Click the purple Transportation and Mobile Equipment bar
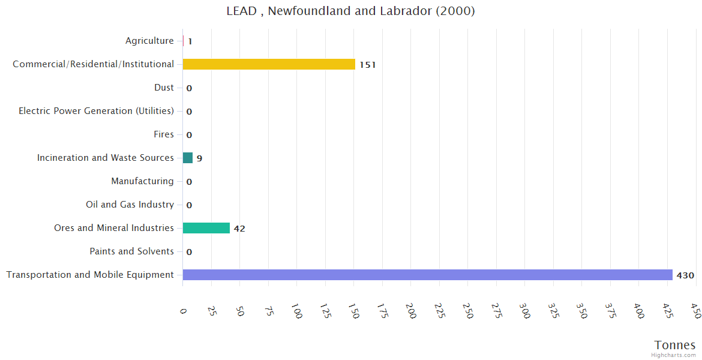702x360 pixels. click(427, 275)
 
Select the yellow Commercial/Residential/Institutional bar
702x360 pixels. click(269, 64)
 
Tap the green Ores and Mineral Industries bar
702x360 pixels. click(206, 228)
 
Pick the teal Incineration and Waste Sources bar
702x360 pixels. click(188, 158)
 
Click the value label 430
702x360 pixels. click(685, 275)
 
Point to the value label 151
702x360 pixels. click(367, 65)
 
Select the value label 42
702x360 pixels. click(239, 229)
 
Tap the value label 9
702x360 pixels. click(199, 158)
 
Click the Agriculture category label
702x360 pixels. click(149, 41)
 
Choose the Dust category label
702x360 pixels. click(164, 88)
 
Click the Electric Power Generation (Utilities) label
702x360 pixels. click(96, 111)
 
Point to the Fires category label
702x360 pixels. click(163, 134)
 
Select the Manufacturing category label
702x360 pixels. click(142, 181)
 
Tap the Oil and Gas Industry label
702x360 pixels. click(130, 205)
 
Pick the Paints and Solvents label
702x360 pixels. click(131, 251)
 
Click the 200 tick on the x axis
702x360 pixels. click(411, 311)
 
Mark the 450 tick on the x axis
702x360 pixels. click(695, 311)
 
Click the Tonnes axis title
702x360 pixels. click(674, 345)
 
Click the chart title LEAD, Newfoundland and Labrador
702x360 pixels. click(350, 11)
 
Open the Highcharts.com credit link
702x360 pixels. click(673, 355)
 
